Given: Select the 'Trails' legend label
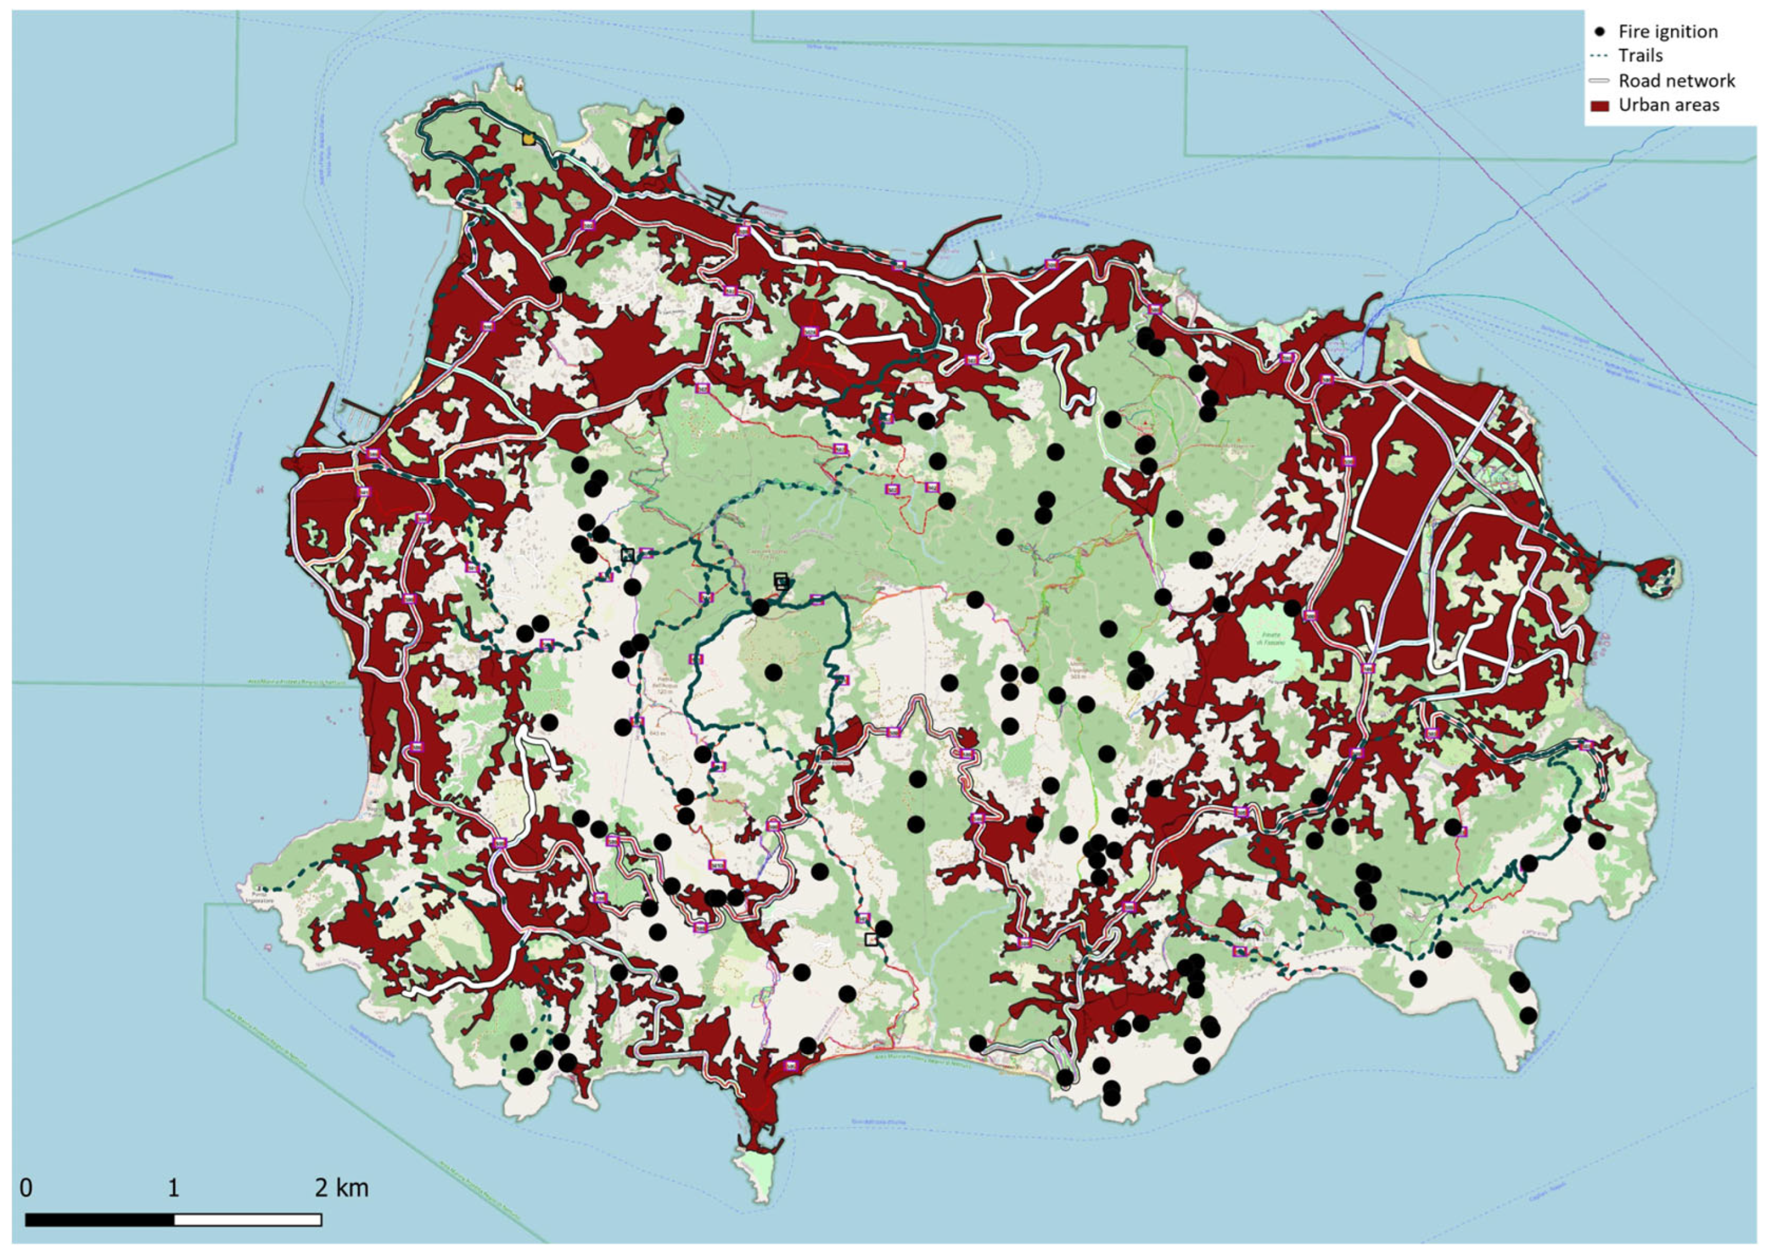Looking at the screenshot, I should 1640,55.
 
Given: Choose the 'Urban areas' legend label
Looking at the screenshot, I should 1669,105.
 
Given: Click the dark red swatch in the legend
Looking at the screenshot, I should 1599,106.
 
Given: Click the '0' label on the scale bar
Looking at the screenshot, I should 26,1188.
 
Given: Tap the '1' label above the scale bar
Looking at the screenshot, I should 173,1188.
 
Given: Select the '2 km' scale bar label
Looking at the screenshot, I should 341,1188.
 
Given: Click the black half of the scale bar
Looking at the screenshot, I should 100,1220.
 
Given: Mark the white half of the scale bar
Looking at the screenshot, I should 247,1220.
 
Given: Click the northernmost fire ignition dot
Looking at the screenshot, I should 675,115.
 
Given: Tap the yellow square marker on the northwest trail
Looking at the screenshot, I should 528,139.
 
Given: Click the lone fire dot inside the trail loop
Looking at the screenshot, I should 773,672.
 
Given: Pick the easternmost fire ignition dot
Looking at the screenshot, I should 1597,840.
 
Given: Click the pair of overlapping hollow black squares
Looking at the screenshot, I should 781,581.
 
